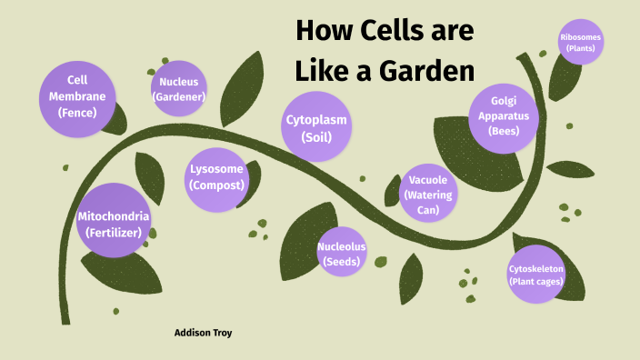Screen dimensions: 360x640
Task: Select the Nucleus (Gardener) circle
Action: coord(179,88)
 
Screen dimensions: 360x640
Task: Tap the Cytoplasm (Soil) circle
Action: coord(316,128)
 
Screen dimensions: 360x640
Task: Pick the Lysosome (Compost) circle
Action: coord(216,175)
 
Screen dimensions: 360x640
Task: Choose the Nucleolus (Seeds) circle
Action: coord(342,254)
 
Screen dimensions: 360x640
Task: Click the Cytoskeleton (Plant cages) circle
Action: coord(536,275)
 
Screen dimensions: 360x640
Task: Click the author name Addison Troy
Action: coord(203,333)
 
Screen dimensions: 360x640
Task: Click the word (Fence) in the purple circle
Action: coord(76,113)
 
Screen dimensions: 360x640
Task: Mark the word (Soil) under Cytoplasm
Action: coord(316,138)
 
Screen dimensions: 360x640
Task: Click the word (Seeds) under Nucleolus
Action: coord(342,262)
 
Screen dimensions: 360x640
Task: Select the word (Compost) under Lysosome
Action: coord(216,185)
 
